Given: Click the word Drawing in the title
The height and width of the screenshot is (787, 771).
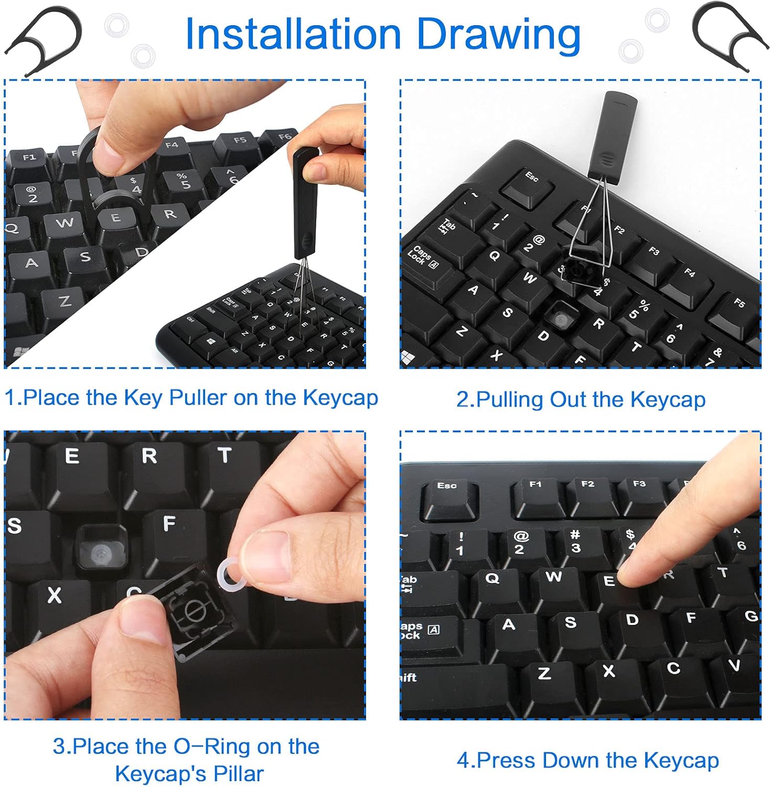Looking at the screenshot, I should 498,35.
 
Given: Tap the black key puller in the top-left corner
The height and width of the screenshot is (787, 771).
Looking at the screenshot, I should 45,39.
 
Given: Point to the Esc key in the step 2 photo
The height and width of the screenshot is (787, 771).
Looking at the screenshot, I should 527,186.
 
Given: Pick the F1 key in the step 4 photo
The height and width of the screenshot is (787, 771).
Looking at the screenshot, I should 536,496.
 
